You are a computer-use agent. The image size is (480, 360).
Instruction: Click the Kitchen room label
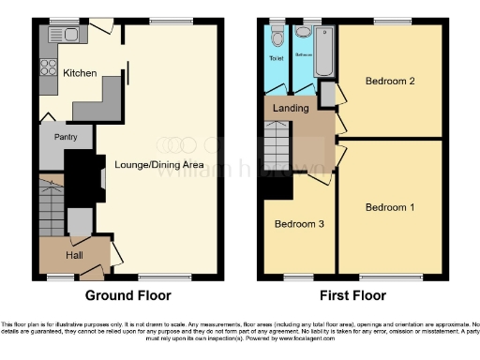click(x=80, y=73)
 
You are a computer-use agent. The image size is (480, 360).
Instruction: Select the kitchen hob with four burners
click(x=46, y=68)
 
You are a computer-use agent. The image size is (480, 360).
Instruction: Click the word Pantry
click(x=67, y=138)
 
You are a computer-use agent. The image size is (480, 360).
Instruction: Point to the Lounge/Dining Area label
click(x=159, y=164)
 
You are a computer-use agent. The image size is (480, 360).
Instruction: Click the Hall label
click(x=75, y=254)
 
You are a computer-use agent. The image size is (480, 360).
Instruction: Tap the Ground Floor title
click(x=128, y=295)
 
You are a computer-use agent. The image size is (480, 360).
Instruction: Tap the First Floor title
click(x=352, y=295)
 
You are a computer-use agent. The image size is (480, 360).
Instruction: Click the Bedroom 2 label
click(x=390, y=81)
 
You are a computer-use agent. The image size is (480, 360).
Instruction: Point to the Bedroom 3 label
click(x=299, y=225)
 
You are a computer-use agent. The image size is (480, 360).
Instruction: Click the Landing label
click(x=291, y=108)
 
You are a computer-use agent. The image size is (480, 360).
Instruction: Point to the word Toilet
click(x=277, y=58)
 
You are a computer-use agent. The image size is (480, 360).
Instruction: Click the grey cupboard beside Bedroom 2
click(x=328, y=94)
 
